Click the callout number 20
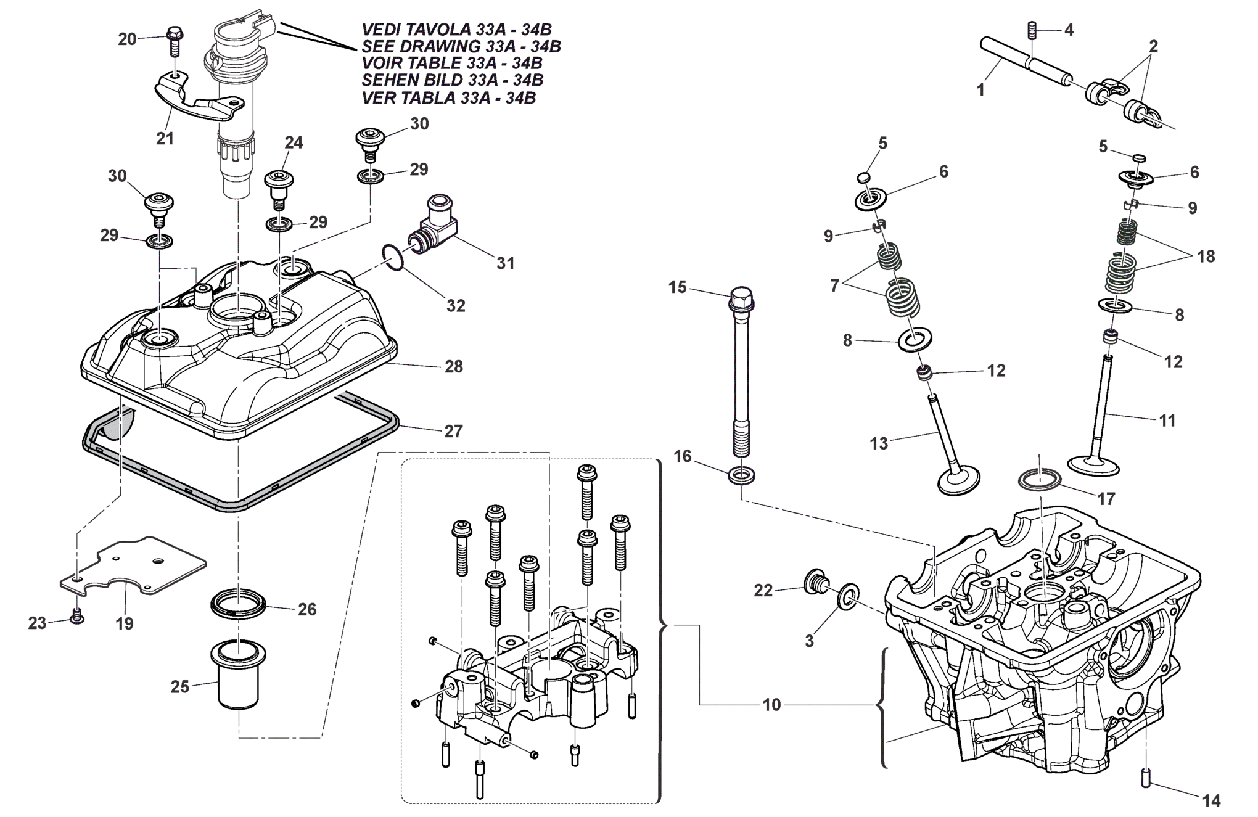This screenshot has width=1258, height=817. (x=127, y=39)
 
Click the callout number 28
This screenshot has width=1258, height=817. (x=454, y=366)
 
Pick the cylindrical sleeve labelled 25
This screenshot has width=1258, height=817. (x=239, y=676)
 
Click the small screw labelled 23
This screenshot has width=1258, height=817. (x=77, y=615)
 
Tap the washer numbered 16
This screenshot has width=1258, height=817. (x=741, y=475)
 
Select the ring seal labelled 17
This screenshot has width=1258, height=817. (x=1039, y=479)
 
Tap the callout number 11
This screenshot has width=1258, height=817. (x=1168, y=421)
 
